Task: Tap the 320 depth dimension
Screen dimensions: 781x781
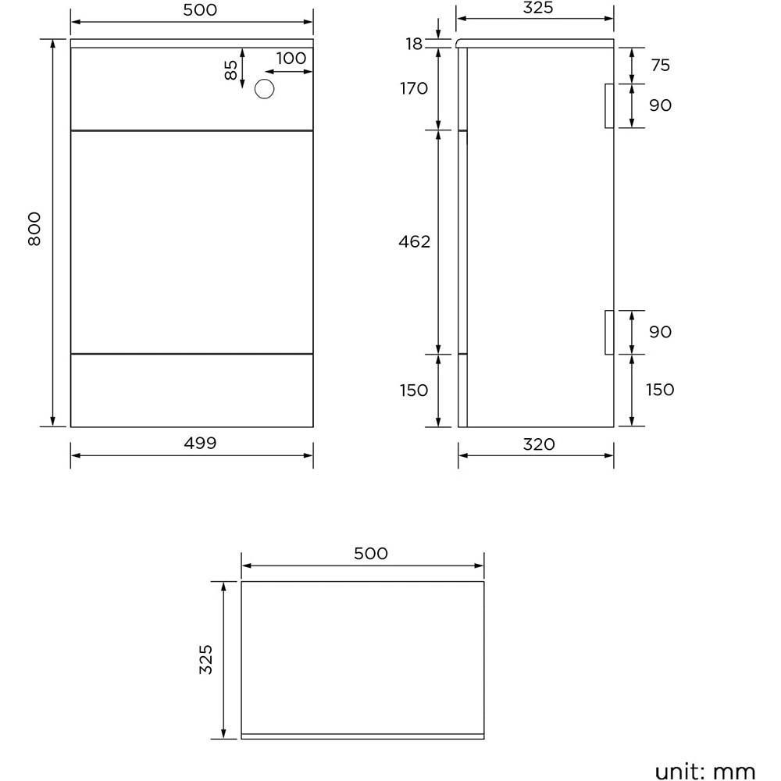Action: (539, 444)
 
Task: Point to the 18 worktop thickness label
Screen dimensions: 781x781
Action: (414, 44)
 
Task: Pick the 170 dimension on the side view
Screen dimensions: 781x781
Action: (413, 88)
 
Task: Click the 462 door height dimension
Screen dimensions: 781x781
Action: (414, 242)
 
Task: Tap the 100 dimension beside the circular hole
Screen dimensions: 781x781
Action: (291, 58)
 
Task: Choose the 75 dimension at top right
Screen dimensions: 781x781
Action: (660, 65)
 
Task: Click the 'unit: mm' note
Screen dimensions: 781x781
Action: (705, 772)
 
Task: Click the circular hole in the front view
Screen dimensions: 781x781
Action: (266, 90)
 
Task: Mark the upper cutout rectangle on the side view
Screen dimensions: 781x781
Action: (609, 105)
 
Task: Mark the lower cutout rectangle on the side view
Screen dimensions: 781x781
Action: (609, 332)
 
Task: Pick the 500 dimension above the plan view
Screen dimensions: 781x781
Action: (370, 554)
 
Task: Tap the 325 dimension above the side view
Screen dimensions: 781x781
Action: (537, 8)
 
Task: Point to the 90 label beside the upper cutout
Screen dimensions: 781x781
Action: (660, 105)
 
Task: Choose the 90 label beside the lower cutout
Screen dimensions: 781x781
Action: (660, 332)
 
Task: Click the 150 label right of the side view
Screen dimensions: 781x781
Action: (660, 389)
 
